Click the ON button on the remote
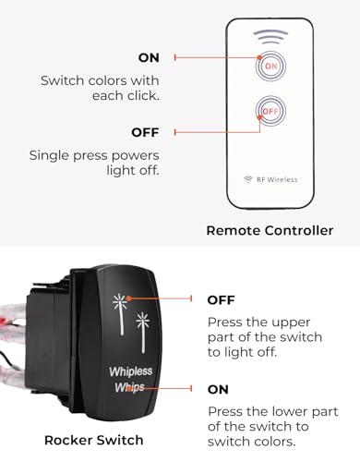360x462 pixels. click(270, 67)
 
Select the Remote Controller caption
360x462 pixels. click(270, 230)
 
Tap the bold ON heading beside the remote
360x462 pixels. click(149, 57)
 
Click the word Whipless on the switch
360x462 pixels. click(131, 372)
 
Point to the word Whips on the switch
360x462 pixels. click(129, 388)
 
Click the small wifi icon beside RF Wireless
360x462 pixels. click(247, 179)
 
